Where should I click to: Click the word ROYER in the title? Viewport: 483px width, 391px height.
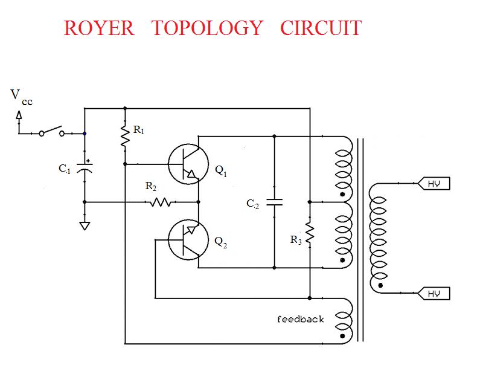click(x=99, y=28)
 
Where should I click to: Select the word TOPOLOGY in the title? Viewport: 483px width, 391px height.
click(x=207, y=28)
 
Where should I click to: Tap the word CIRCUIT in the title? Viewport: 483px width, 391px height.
click(x=321, y=28)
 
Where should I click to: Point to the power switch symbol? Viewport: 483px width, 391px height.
click(x=51, y=131)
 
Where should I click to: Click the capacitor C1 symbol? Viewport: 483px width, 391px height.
click(x=85, y=169)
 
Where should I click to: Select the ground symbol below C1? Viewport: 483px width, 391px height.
click(x=85, y=226)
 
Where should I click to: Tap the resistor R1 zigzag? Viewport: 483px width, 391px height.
click(x=125, y=137)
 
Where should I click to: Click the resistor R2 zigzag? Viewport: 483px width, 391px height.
click(x=161, y=202)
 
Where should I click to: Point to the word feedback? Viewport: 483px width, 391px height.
click(x=300, y=319)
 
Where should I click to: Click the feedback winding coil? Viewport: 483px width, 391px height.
click(x=344, y=318)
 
